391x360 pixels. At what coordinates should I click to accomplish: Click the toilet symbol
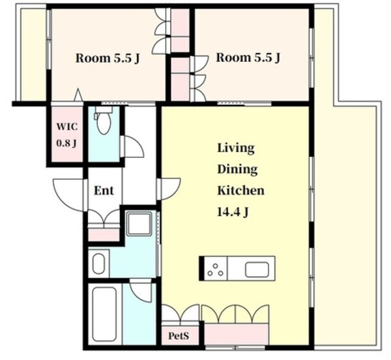pos(103,120)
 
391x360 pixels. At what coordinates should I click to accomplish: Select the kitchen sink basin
pos(257,270)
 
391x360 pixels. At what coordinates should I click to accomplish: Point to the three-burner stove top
pos(216,269)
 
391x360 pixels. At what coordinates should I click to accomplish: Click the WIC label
pos(67,126)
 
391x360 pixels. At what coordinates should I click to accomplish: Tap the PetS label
pos(179,336)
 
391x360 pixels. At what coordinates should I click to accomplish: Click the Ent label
pos(104,191)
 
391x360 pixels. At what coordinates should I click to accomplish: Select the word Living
pos(236,148)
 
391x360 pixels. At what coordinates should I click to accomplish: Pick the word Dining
pos(237,170)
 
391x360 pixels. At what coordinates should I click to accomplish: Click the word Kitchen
pos(241,191)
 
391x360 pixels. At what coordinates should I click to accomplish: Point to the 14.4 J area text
pos(233,212)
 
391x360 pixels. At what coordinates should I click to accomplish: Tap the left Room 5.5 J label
pos(108,59)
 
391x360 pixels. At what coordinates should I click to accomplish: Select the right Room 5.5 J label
pos(248,57)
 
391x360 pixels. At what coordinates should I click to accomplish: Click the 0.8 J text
pos(66,143)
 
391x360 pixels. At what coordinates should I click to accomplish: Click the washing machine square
pos(139,223)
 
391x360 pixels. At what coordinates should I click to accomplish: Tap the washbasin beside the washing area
pos(99,264)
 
